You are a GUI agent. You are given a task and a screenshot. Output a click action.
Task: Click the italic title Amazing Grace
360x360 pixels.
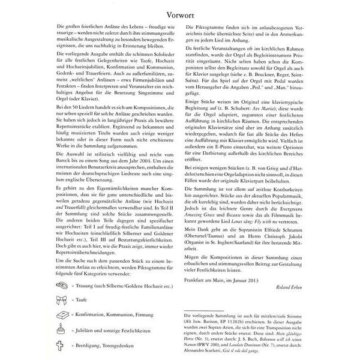(205, 199)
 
